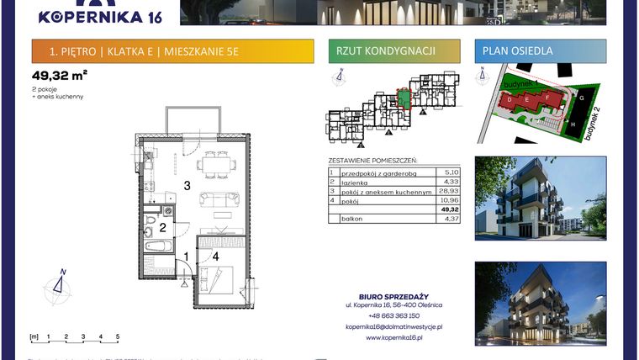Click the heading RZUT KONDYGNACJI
pos(385,51)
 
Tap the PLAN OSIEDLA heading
pos(518,51)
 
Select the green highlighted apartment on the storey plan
pos(404,101)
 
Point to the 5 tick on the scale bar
pos(118,336)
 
